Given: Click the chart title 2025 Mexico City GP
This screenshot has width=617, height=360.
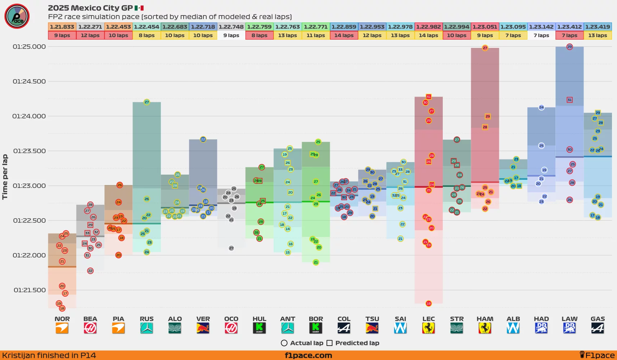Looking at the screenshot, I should (90, 8).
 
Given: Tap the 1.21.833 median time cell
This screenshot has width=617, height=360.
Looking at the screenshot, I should (62, 27).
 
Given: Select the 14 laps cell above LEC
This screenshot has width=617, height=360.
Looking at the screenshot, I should (428, 35).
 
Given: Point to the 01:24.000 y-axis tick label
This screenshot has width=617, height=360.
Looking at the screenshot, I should (29, 116).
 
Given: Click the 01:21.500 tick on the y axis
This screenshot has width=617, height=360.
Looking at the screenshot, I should (30, 290).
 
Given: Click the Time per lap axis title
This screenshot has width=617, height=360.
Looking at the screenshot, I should (5, 177).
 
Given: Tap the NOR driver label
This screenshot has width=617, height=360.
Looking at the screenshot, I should (62, 319).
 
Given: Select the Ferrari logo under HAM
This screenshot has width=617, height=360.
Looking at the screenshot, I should (485, 328).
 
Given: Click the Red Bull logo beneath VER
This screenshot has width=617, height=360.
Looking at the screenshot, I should (203, 328).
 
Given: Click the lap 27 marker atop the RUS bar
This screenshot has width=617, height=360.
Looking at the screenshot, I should (147, 102).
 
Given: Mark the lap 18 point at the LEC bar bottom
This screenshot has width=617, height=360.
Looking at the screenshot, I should (428, 303).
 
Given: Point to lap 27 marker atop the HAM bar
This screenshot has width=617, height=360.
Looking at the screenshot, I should (485, 48).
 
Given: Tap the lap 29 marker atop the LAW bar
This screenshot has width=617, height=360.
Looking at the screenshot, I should (569, 46).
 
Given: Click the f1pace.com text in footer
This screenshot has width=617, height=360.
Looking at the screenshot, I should (308, 356).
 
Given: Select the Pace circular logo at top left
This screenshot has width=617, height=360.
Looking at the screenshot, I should (17, 16).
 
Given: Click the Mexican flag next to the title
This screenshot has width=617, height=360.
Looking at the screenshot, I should (139, 8).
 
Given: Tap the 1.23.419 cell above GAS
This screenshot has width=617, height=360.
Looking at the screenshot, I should (598, 27).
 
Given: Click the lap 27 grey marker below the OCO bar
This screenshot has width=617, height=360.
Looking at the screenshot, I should (231, 248).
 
